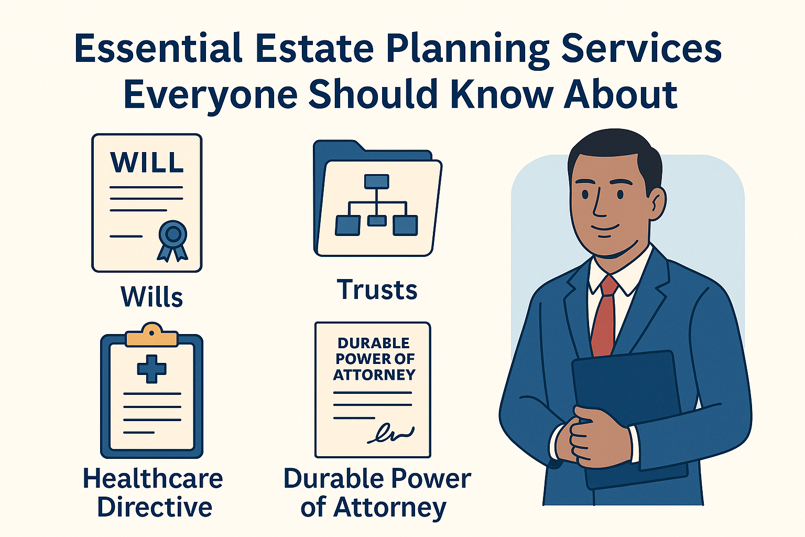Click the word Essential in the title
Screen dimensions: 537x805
pyautogui.click(x=158, y=49)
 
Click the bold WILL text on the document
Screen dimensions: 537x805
pyautogui.click(x=147, y=163)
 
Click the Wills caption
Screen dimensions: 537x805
pyautogui.click(x=151, y=297)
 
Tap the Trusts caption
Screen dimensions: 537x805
pyautogui.click(x=377, y=289)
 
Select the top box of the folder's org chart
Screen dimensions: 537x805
pyautogui.click(x=376, y=181)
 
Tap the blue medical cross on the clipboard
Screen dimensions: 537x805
pyautogui.click(x=151, y=368)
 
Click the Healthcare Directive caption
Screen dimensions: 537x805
pyautogui.click(x=153, y=493)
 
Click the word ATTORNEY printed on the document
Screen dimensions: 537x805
pyautogui.click(x=374, y=374)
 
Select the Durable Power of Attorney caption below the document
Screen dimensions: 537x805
pyautogui.click(x=377, y=493)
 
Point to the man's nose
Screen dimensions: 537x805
pyautogui.click(x=599, y=207)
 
